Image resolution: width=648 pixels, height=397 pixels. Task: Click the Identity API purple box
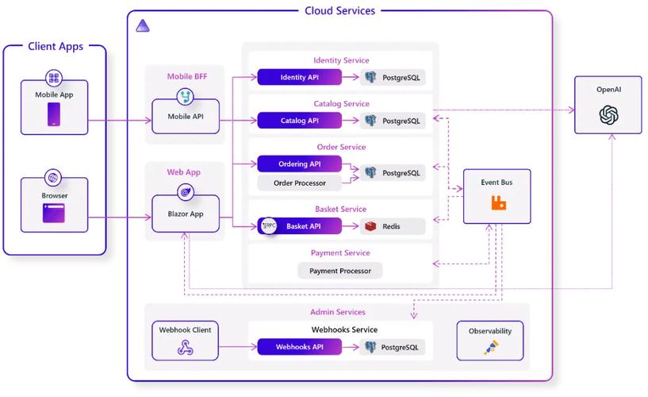click(299, 77)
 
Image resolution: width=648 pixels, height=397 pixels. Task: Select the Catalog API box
click(299, 121)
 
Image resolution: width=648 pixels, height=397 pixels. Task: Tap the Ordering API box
click(299, 164)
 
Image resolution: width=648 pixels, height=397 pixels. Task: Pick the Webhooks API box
click(299, 347)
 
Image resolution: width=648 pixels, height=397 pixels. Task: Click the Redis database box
click(393, 226)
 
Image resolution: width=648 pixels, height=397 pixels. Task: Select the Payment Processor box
click(340, 271)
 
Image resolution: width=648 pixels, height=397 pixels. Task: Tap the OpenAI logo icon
click(608, 116)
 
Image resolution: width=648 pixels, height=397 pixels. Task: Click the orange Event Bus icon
click(498, 202)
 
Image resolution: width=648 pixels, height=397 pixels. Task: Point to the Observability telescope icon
click(490, 348)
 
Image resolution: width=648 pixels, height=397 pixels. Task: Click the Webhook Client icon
click(185, 348)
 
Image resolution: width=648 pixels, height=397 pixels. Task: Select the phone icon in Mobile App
click(54, 114)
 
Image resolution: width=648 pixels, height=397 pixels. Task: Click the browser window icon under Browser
click(54, 212)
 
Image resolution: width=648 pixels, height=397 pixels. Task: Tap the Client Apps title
click(56, 47)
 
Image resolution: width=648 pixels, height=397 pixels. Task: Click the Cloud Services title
click(339, 10)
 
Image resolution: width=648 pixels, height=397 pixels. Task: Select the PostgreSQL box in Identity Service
click(393, 77)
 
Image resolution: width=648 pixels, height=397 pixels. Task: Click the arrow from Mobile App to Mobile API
click(119, 121)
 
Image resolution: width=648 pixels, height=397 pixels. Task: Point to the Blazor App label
click(186, 214)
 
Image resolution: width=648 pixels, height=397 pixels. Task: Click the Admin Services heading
click(337, 312)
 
